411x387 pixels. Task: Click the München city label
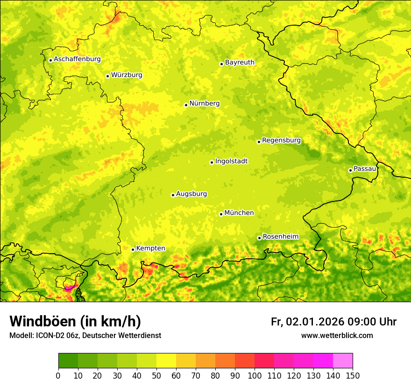coord(239,213)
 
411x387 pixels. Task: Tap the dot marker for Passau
coord(350,170)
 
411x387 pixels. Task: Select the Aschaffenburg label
coord(77,59)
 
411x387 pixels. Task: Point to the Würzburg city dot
coord(107,76)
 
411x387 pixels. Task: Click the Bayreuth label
coord(240,62)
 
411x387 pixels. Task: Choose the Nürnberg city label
coord(204,104)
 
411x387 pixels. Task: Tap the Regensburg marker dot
coord(259,142)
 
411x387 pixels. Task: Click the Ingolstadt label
coord(231,161)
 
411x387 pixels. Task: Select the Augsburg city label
coord(191,194)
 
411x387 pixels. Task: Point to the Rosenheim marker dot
coord(259,238)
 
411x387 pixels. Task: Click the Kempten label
coord(150,249)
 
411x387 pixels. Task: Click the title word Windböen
coord(43,321)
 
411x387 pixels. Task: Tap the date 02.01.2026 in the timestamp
coord(315,322)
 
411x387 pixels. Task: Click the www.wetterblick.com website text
coord(337,335)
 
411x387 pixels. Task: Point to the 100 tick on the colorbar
coord(254,375)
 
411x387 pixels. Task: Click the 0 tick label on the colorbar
coord(58,375)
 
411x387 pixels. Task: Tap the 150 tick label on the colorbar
coord(353,375)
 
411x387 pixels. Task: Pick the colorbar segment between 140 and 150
coord(343,360)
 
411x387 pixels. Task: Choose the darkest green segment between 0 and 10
coord(68,360)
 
